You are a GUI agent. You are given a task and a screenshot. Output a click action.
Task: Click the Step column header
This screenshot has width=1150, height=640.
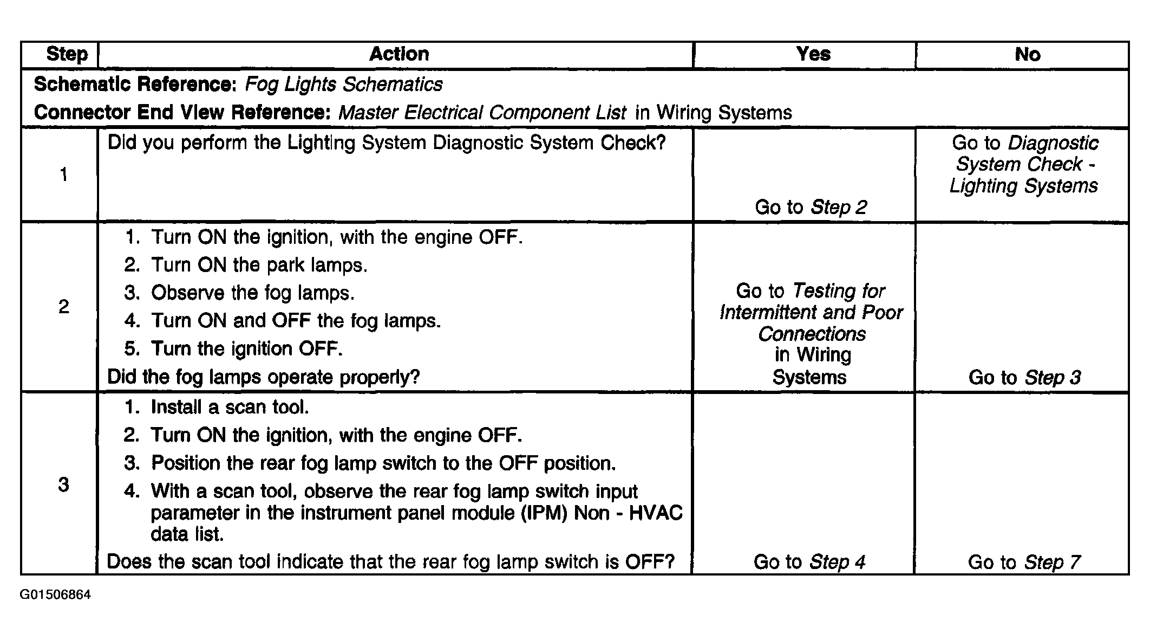pyautogui.click(x=67, y=54)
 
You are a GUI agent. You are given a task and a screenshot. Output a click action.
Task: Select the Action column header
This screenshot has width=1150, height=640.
pyautogui.click(x=399, y=54)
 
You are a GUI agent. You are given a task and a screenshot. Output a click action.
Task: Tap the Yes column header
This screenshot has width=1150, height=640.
pyautogui.click(x=813, y=54)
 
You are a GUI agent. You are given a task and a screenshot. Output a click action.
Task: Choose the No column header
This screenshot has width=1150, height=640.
pyautogui.click(x=1027, y=54)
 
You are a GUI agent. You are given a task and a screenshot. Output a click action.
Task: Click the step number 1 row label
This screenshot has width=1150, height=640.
pyautogui.click(x=64, y=174)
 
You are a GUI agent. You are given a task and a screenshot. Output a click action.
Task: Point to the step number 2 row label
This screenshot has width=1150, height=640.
pyautogui.click(x=64, y=307)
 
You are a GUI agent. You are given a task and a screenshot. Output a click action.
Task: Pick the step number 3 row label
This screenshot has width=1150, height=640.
pyautogui.click(x=64, y=484)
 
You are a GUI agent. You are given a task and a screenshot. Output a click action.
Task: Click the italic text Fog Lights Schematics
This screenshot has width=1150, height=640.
pyautogui.click(x=344, y=85)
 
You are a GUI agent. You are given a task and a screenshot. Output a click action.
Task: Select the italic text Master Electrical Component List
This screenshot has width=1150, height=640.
pyautogui.click(x=482, y=113)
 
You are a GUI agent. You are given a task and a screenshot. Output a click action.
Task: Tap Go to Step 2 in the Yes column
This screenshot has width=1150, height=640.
pyautogui.click(x=811, y=207)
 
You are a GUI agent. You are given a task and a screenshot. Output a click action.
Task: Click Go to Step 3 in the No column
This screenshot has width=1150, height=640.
pyautogui.click(x=1024, y=377)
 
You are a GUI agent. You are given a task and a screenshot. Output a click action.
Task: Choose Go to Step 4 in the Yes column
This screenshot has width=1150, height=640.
pyautogui.click(x=809, y=562)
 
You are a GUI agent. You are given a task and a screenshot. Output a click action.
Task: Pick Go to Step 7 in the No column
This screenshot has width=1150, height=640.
pyautogui.click(x=1024, y=562)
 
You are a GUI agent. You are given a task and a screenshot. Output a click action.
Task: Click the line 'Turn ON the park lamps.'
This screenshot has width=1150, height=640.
pyautogui.click(x=246, y=265)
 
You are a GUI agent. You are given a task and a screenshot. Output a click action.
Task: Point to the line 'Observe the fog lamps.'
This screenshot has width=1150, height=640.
pyautogui.click(x=239, y=293)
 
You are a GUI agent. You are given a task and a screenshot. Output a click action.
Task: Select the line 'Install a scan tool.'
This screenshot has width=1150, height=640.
pyautogui.click(x=217, y=407)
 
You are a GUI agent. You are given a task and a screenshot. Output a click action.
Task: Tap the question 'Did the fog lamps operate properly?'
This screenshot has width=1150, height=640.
pyautogui.click(x=264, y=377)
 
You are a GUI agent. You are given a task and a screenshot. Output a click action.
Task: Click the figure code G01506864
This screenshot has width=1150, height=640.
pyautogui.click(x=55, y=595)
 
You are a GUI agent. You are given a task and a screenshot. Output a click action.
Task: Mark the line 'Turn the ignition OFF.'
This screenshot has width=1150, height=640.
pyautogui.click(x=233, y=348)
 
